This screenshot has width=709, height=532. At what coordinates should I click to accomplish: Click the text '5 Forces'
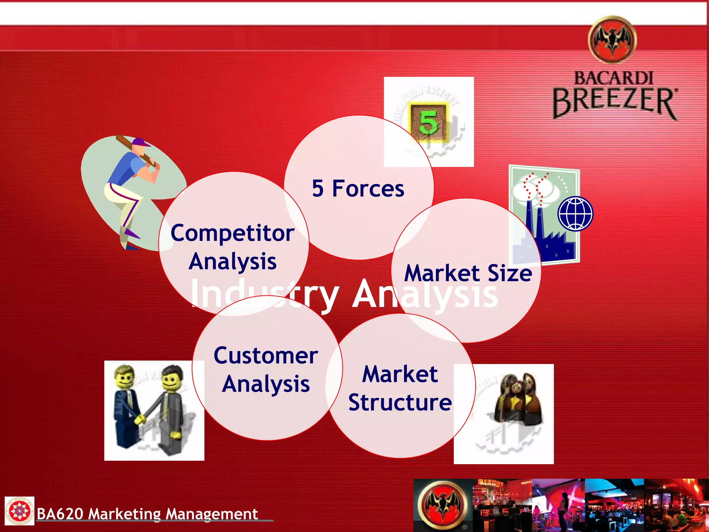(x=358, y=189)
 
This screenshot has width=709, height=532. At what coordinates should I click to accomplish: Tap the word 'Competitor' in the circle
(x=232, y=233)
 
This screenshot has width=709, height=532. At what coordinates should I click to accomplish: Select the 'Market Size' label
(x=468, y=273)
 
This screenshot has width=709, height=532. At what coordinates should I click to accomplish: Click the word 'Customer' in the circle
(x=266, y=356)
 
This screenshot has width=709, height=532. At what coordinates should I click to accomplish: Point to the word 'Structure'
(x=400, y=402)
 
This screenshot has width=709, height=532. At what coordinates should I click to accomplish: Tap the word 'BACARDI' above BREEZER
(x=613, y=78)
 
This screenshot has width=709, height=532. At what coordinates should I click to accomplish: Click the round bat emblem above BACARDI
(x=612, y=40)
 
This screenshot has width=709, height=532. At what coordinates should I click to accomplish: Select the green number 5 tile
(x=429, y=122)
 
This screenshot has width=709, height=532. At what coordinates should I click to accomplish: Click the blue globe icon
(x=575, y=214)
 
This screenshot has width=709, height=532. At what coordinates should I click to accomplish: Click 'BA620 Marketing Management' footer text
(x=147, y=514)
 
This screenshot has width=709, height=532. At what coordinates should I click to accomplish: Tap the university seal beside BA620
(x=19, y=511)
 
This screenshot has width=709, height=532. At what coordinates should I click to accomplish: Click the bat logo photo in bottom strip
(x=443, y=505)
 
